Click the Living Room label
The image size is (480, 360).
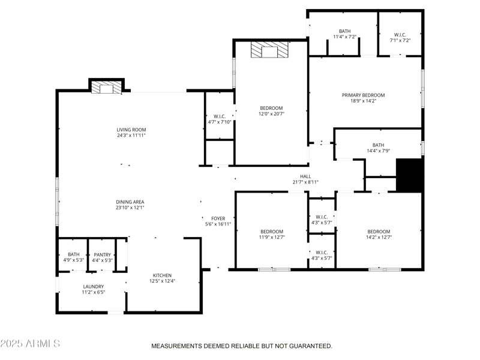click(131, 130)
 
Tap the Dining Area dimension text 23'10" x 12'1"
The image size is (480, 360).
click(130, 208)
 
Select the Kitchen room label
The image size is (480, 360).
click(162, 275)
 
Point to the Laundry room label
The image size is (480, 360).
click(93, 286)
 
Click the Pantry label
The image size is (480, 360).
click(102, 254)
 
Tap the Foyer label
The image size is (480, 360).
click(218, 218)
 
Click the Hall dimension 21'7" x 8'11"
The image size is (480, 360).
click(305, 182)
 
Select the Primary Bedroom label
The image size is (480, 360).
click(363, 95)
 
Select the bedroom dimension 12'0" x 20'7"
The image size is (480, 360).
click(271, 113)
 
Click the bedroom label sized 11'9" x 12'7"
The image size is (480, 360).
click(271, 232)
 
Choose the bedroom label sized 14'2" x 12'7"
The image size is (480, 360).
click(379, 232)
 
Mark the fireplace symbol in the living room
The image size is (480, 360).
click(106, 88)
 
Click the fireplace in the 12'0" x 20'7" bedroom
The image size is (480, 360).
click(269, 50)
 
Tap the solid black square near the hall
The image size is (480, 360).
click(410, 175)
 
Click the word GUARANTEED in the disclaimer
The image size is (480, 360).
click(311, 346)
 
